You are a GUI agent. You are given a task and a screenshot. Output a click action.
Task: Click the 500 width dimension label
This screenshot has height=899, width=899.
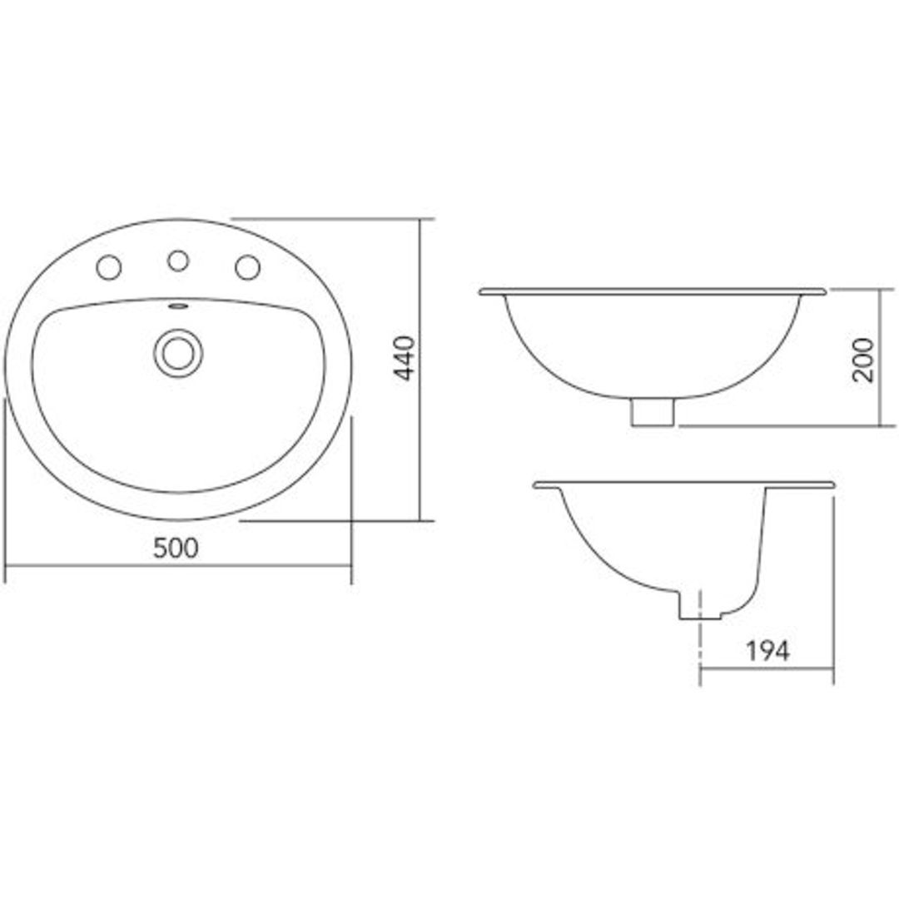[176, 548]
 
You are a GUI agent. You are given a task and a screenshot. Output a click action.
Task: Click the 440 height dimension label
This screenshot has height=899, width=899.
[404, 358]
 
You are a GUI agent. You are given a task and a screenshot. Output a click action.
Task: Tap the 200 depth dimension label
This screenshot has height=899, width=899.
[865, 360]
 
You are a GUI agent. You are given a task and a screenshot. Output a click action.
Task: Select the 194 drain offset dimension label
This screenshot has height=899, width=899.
[767, 651]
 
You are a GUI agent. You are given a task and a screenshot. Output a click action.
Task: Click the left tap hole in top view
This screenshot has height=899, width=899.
[109, 267]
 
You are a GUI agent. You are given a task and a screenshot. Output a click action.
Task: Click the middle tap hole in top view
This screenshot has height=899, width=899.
[178, 261]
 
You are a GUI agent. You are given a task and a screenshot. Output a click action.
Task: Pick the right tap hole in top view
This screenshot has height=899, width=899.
[247, 267]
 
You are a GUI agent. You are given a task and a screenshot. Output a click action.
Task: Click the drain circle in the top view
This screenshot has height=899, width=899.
[178, 352]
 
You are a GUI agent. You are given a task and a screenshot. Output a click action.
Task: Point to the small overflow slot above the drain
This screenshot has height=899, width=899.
[178, 306]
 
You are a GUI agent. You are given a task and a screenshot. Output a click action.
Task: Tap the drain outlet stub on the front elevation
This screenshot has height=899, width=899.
[652, 412]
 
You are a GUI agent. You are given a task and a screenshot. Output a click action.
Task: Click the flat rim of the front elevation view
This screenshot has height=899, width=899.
[653, 291]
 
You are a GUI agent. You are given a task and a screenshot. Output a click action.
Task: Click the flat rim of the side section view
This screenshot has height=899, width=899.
[683, 484]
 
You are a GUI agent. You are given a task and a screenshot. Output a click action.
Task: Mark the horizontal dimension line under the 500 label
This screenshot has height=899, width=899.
[176, 566]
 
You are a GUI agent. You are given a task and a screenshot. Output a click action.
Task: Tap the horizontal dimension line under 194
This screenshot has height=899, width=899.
[767, 669]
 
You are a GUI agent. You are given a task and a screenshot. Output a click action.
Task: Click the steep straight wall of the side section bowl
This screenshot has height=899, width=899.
[760, 541]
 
